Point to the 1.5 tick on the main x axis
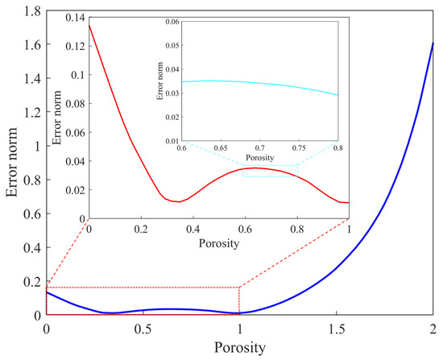coord(337,329)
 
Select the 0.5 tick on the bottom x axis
coord(143,329)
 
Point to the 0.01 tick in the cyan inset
coord(172,140)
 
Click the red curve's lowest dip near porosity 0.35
coord(179,201)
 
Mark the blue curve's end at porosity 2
coord(433,43)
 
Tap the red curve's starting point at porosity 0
coord(89,25)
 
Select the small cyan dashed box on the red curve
coord(270,171)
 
